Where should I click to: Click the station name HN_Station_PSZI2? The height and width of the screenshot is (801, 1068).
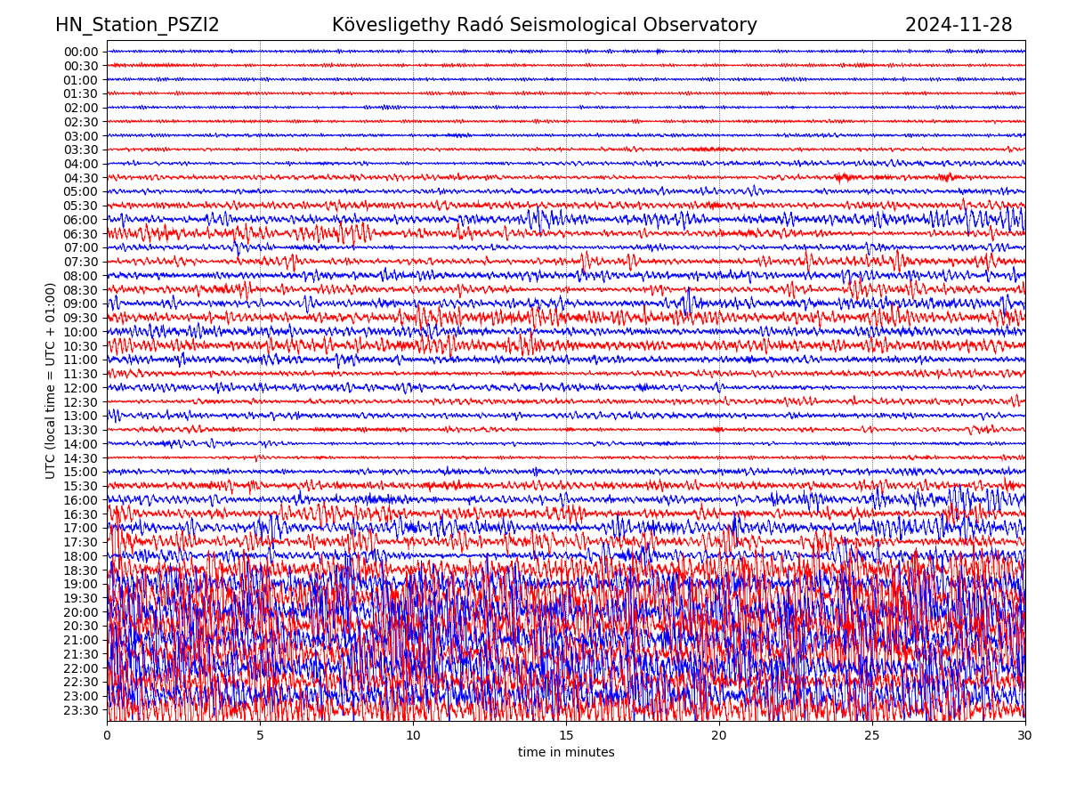click(x=137, y=25)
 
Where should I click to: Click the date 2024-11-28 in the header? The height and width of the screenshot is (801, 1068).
click(x=959, y=25)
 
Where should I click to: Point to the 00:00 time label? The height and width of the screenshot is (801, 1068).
click(x=81, y=52)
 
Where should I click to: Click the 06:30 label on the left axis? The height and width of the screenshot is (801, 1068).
click(x=81, y=234)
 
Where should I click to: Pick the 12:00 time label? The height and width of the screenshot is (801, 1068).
click(x=81, y=388)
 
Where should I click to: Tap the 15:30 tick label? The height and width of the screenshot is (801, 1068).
click(x=81, y=486)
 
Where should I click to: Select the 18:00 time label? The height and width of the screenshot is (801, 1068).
click(x=81, y=556)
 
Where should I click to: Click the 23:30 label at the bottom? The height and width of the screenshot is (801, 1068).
click(x=81, y=710)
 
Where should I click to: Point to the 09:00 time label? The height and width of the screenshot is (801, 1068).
click(x=81, y=303)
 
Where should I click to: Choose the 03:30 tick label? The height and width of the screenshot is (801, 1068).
click(x=81, y=150)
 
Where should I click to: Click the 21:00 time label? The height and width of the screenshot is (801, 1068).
click(x=81, y=640)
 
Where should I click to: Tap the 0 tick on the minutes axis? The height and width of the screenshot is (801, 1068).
click(x=107, y=736)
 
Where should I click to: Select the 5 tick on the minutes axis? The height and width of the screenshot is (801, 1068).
click(x=260, y=736)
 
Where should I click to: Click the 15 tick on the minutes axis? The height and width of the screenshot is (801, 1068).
click(x=566, y=736)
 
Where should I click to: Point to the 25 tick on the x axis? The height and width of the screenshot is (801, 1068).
click(x=872, y=736)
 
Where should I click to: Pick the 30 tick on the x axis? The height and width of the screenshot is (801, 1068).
click(x=1025, y=736)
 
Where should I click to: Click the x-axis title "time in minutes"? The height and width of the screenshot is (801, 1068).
click(x=566, y=753)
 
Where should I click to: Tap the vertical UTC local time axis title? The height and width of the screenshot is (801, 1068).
click(x=51, y=381)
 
